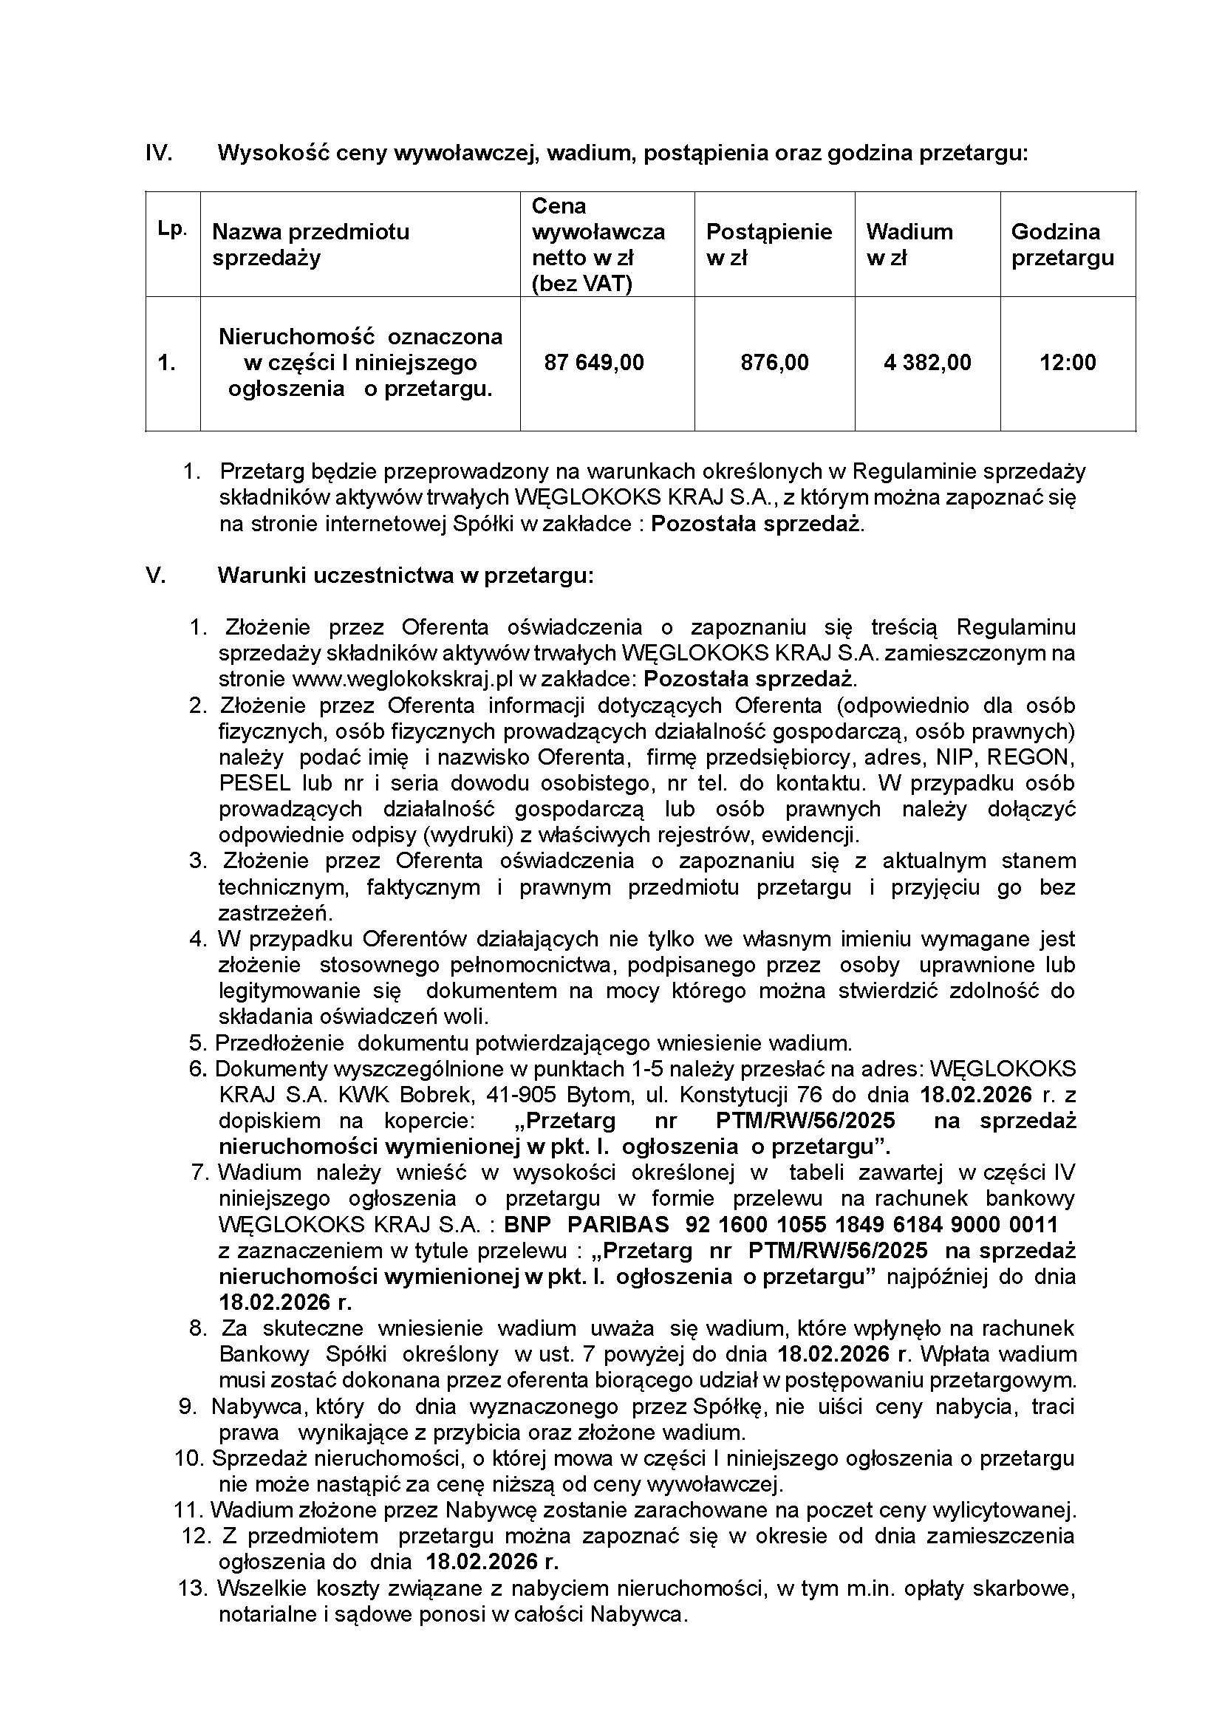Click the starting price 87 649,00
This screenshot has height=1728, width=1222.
pos(594,363)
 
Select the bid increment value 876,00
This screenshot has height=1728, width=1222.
pos(774,363)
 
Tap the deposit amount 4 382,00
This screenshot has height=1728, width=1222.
pos(927,363)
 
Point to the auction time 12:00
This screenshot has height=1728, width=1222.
pos(1068,363)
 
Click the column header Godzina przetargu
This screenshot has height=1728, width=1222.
pos(1062,245)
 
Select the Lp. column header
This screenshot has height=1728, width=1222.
pos(172,230)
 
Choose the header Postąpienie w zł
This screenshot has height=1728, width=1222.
pos(768,245)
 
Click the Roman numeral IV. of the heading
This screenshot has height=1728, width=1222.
pos(159,154)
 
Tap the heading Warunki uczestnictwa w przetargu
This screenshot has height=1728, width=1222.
pos(406,576)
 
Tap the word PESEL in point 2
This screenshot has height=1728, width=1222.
pos(255,782)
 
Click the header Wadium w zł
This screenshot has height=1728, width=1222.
pos(909,245)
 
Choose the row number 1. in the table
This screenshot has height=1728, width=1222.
pos(166,363)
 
